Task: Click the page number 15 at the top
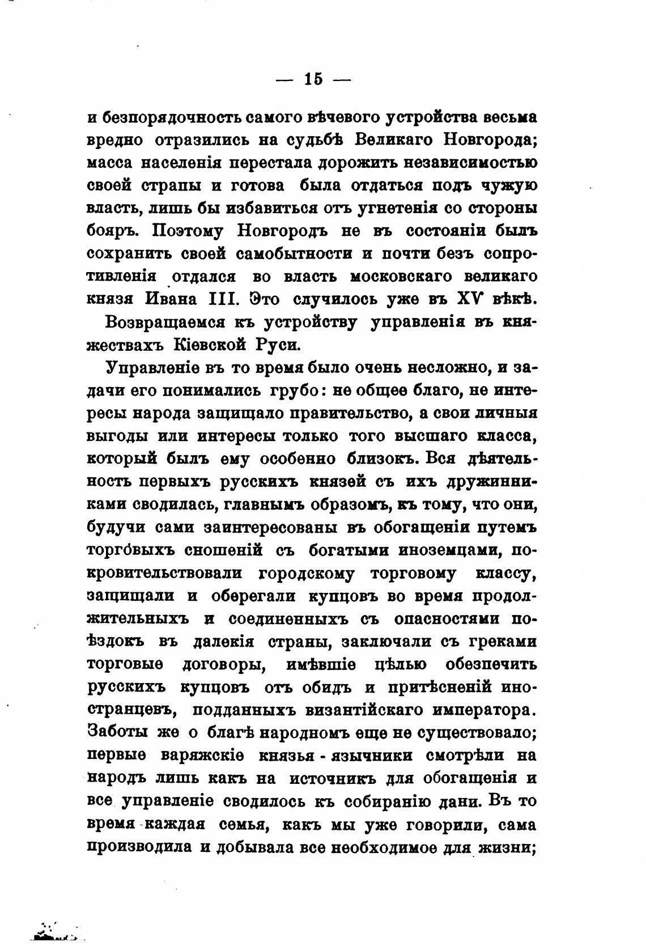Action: [x=313, y=79]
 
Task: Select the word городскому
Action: [x=307, y=573]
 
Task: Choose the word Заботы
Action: [x=117, y=732]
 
